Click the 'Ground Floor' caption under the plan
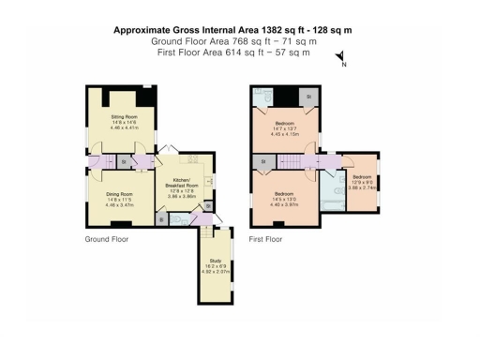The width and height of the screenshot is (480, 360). click(106, 239)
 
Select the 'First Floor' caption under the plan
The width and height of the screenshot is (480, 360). click(265, 239)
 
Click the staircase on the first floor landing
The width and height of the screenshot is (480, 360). click(298, 162)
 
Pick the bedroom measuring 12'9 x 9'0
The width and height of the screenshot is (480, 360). click(362, 182)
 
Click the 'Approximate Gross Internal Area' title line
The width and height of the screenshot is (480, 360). click(232, 30)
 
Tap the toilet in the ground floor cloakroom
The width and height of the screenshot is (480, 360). click(179, 219)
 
